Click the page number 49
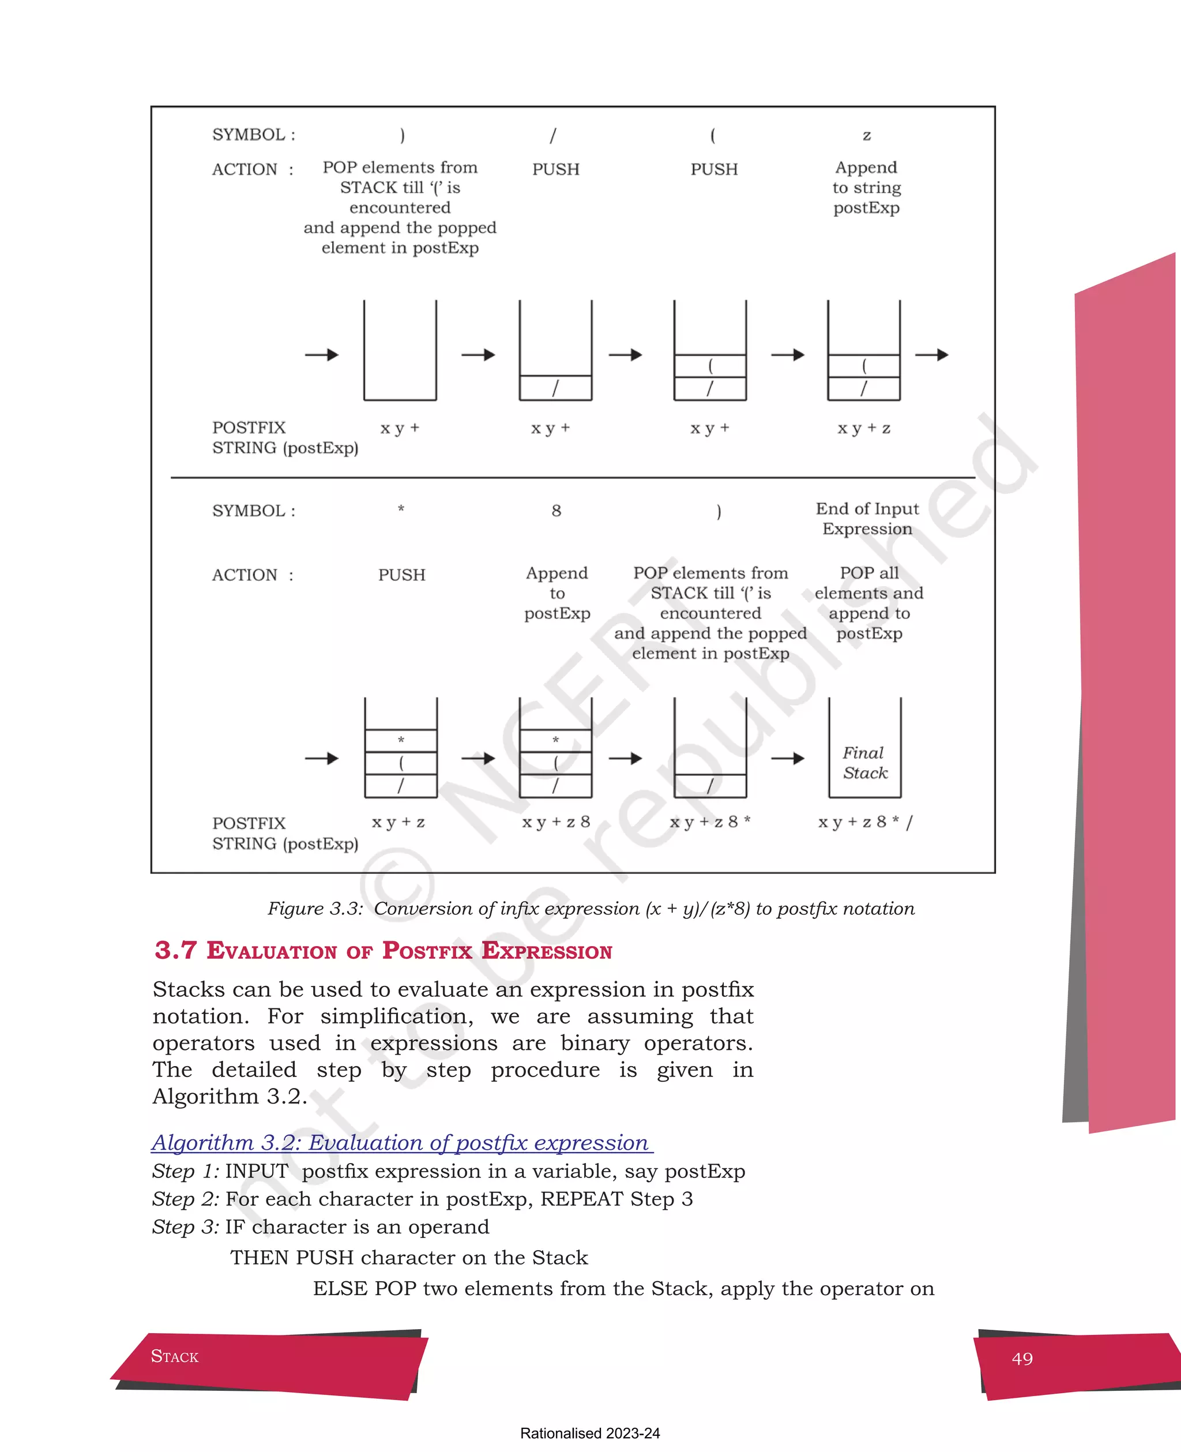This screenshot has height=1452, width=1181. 1022,1359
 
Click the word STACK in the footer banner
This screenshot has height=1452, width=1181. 174,1357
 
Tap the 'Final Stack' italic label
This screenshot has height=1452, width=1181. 864,763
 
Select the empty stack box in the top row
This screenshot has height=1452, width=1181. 400,350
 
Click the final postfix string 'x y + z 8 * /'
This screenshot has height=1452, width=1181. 864,822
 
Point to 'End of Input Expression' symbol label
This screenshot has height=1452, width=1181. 867,519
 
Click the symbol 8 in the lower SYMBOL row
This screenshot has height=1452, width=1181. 556,511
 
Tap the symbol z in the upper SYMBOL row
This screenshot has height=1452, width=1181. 867,136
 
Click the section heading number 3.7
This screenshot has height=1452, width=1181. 175,951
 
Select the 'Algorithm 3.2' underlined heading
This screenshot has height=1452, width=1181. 401,1142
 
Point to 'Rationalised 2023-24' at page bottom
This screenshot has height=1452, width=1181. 590,1433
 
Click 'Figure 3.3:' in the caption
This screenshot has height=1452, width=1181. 315,909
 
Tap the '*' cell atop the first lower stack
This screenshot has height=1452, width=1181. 401,740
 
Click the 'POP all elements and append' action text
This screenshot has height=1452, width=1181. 869,603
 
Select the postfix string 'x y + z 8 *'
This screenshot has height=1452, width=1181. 709,822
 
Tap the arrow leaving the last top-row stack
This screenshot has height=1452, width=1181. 931,355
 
